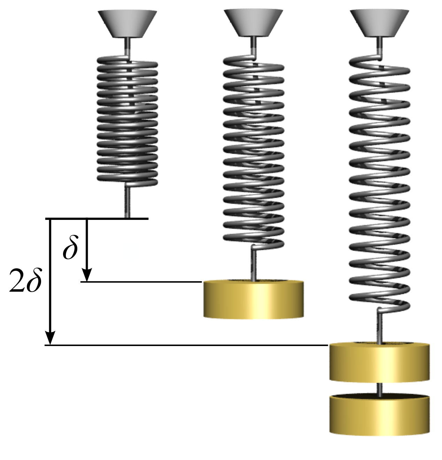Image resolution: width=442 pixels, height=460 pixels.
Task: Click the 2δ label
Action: [25, 281]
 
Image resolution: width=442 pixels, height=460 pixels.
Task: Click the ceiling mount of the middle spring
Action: [253, 23]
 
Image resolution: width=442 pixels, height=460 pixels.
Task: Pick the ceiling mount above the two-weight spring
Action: [379, 23]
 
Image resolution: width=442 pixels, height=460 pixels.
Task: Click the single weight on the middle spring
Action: [253, 300]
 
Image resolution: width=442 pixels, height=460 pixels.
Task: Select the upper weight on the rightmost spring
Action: [379, 362]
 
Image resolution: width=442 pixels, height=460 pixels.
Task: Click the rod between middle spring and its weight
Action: [254, 265]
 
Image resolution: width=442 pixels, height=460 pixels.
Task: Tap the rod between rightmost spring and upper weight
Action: [379, 326]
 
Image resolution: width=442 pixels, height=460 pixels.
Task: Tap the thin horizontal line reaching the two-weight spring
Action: [188, 345]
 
